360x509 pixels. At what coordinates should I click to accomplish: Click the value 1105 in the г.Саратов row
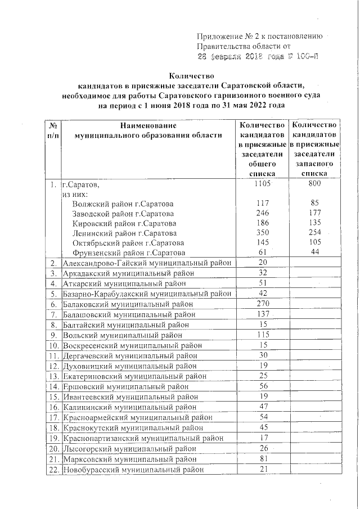click(263, 184)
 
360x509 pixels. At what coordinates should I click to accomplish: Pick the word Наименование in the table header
click(148, 125)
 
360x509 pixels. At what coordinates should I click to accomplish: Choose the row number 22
click(54, 470)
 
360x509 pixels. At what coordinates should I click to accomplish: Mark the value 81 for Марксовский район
click(263, 460)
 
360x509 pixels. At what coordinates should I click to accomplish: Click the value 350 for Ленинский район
click(263, 233)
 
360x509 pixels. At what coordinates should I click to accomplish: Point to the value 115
click(263, 336)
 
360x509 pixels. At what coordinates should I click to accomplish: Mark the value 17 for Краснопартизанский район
click(263, 438)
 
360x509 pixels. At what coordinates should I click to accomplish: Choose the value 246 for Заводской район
click(263, 213)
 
